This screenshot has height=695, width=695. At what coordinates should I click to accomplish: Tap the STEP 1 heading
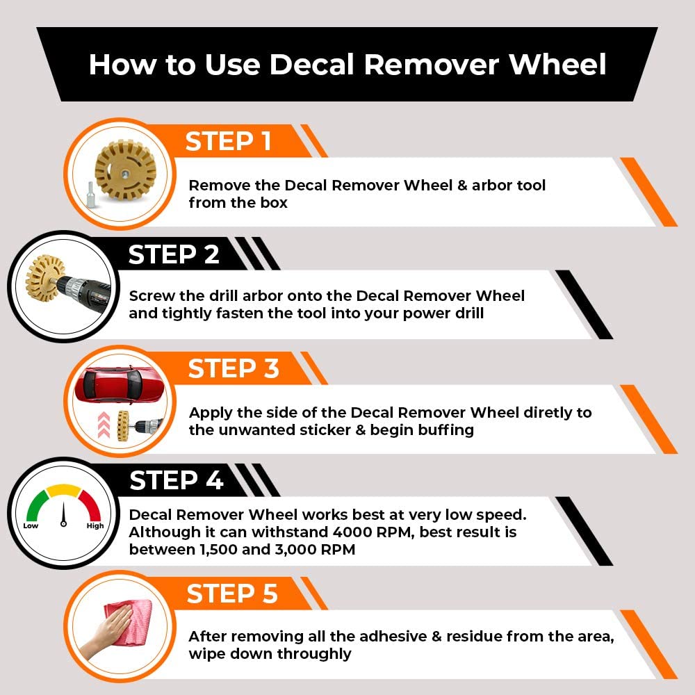coord(228,142)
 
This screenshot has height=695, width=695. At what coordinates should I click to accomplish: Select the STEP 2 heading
coord(174,255)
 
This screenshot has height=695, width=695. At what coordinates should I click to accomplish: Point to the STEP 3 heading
coord(234,368)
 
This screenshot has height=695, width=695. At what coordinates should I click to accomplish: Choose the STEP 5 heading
coord(232,594)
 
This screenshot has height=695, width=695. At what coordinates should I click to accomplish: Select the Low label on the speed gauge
coord(31,526)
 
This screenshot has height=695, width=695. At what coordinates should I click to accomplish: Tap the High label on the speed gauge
coord(95,526)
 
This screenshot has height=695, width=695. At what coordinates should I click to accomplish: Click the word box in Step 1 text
coord(273,204)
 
